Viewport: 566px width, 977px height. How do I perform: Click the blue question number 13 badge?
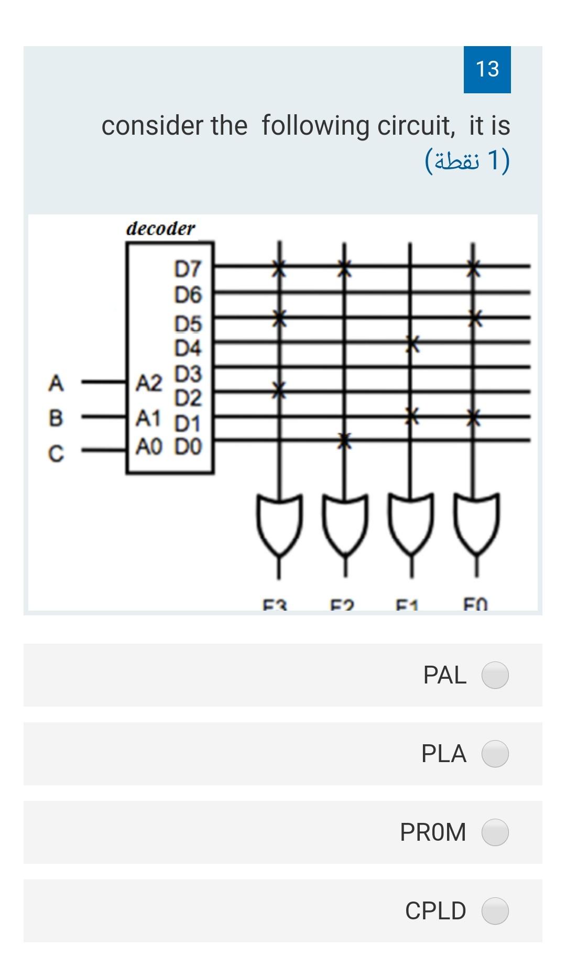click(487, 69)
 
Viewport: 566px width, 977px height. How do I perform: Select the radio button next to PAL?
click(495, 675)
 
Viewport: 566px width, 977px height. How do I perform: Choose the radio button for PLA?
click(495, 753)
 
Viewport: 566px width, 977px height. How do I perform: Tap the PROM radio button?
click(495, 832)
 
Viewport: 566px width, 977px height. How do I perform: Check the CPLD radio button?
click(495, 910)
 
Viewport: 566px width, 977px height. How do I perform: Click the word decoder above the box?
click(160, 229)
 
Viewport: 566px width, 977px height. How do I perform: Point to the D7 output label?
click(188, 269)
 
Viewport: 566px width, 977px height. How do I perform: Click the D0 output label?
click(188, 447)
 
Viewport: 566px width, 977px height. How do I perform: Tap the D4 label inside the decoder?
click(188, 348)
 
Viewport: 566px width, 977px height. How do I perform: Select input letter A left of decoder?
click(56, 383)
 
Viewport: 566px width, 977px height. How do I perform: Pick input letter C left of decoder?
click(56, 453)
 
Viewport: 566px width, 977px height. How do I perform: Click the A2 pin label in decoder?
click(149, 384)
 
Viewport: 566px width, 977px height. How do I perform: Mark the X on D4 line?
click(412, 344)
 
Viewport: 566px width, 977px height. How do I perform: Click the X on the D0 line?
click(343, 441)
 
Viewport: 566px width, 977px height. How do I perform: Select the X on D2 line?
click(279, 390)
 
